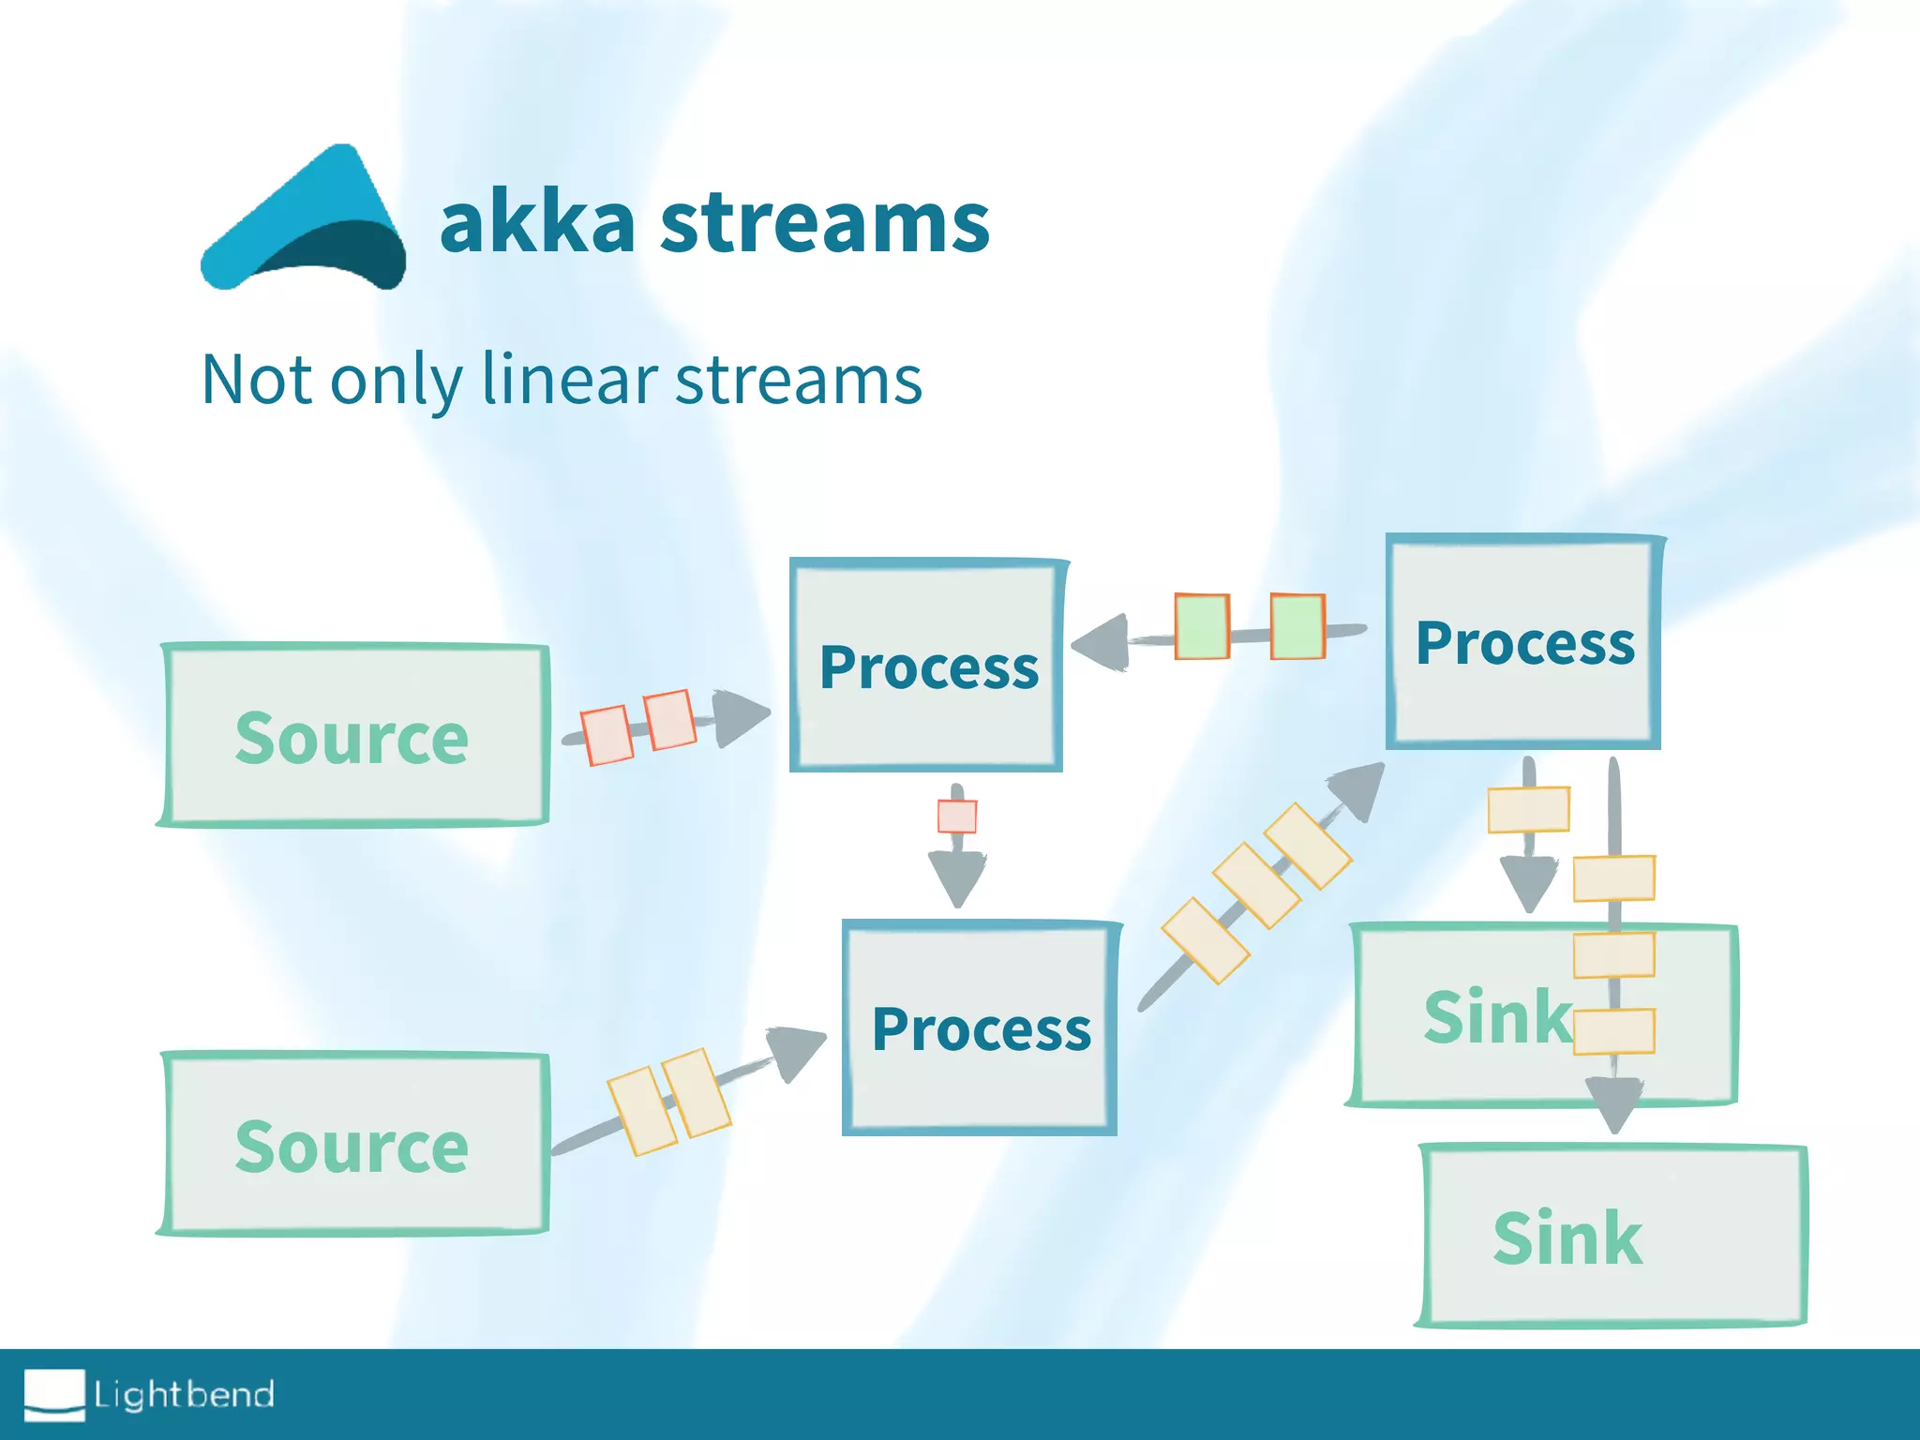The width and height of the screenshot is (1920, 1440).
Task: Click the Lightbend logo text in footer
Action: [x=184, y=1394]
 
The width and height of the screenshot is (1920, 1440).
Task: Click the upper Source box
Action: [x=353, y=736]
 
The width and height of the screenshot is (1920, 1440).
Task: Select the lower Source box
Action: [x=353, y=1145]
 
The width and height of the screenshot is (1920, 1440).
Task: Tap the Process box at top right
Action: [x=1523, y=643]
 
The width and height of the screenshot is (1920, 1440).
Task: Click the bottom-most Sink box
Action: [x=1612, y=1237]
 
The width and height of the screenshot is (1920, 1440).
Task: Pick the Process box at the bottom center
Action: [x=981, y=1028]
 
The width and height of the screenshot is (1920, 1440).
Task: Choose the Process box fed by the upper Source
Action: [x=927, y=667]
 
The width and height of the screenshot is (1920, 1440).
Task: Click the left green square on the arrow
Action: [x=1202, y=626]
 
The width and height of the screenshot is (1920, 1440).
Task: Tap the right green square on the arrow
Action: [x=1297, y=626]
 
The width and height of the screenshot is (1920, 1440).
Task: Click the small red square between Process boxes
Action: [x=957, y=816]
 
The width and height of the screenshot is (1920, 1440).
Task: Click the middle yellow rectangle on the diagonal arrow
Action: [x=1256, y=886]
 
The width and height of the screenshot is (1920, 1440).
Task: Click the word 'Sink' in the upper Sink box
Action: [x=1497, y=1016]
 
